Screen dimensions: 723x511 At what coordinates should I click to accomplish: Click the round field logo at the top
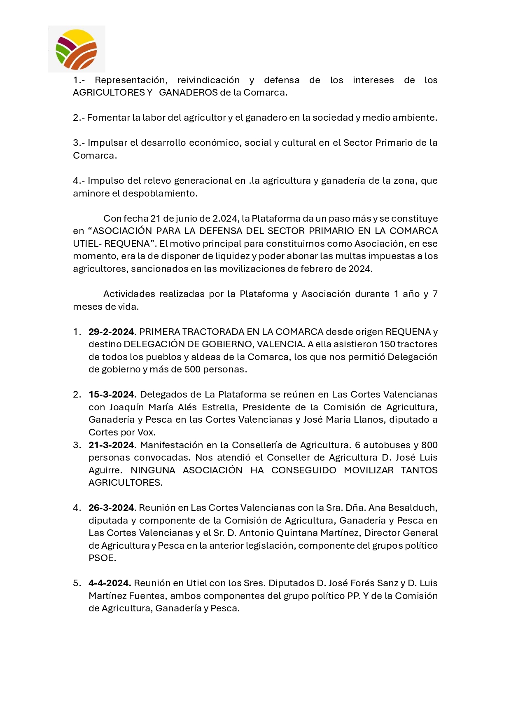click(x=76, y=49)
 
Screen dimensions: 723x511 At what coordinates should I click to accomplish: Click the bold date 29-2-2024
click(x=111, y=332)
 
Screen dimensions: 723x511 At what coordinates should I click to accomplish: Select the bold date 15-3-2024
click(x=111, y=394)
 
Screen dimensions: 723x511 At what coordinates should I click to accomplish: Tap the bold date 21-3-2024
click(x=111, y=445)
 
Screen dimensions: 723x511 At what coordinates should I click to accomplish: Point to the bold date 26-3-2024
click(x=111, y=508)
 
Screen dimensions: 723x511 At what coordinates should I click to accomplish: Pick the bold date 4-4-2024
click(x=110, y=583)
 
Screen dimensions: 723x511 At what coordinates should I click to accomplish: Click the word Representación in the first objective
click(x=131, y=80)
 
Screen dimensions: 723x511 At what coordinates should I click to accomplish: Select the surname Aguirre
click(x=105, y=470)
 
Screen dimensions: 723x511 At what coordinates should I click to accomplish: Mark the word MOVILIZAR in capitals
click(x=369, y=470)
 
